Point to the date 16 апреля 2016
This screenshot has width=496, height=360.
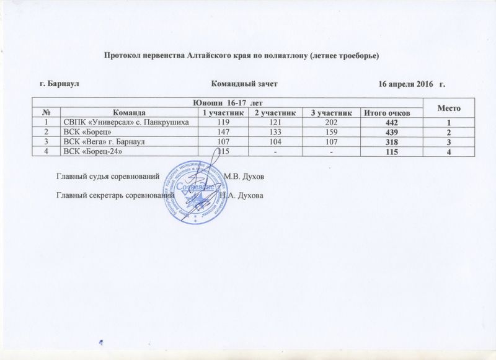pos(408,83)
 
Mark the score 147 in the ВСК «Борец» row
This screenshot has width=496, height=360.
pos(220,132)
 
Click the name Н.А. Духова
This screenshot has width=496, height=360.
pos(241,196)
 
